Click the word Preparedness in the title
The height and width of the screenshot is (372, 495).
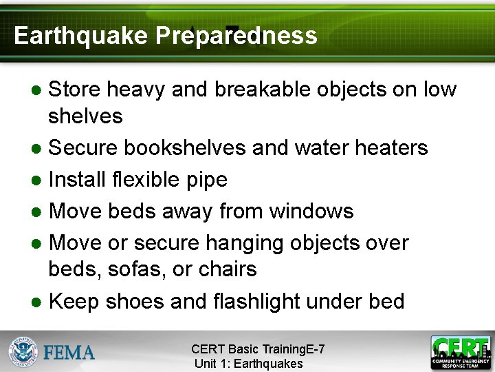[236, 36]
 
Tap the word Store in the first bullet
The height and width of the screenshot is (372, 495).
[74, 90]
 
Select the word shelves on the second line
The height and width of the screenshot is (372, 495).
[85, 116]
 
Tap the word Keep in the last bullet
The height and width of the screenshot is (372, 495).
[76, 301]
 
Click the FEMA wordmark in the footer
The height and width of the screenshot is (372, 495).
[69, 353]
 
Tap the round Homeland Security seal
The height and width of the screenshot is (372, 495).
[23, 351]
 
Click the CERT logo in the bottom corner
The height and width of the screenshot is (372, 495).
[460, 351]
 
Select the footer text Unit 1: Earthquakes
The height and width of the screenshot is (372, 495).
[248, 363]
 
